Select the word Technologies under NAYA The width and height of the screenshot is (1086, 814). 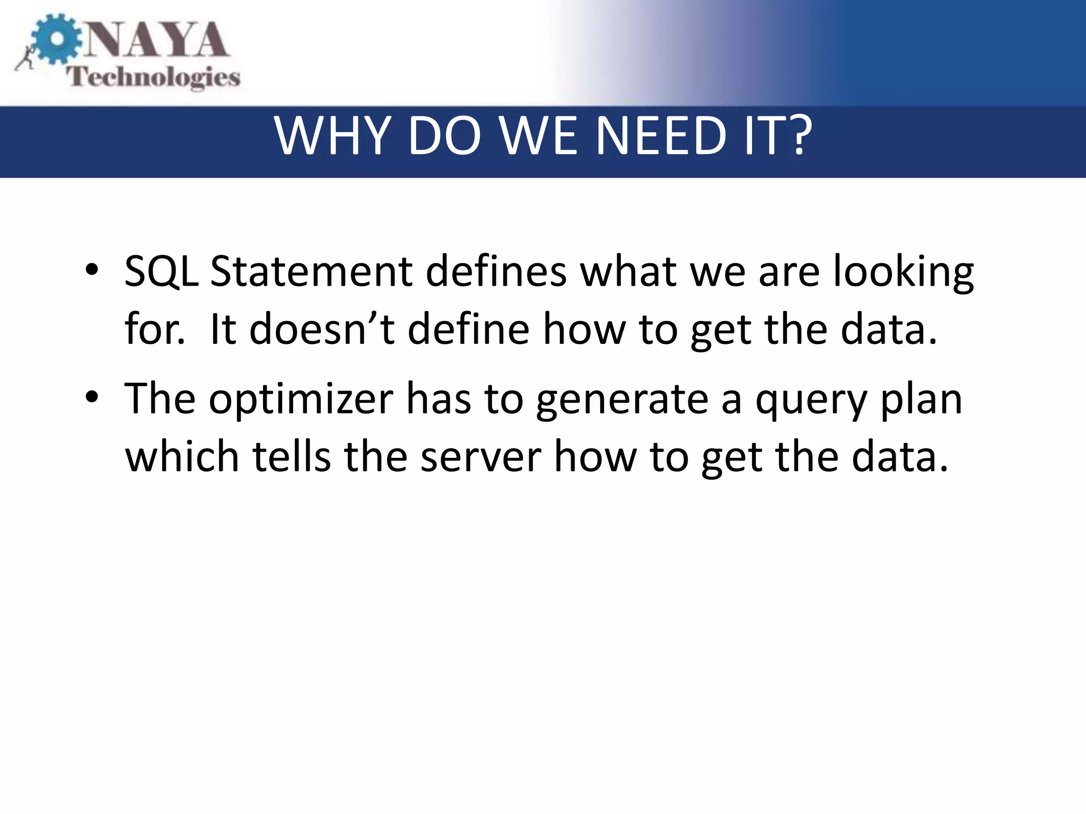153,77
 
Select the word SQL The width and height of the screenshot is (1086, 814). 161,272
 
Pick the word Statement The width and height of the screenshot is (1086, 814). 311,271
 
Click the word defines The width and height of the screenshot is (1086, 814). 496,271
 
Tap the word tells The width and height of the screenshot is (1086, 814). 292,456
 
